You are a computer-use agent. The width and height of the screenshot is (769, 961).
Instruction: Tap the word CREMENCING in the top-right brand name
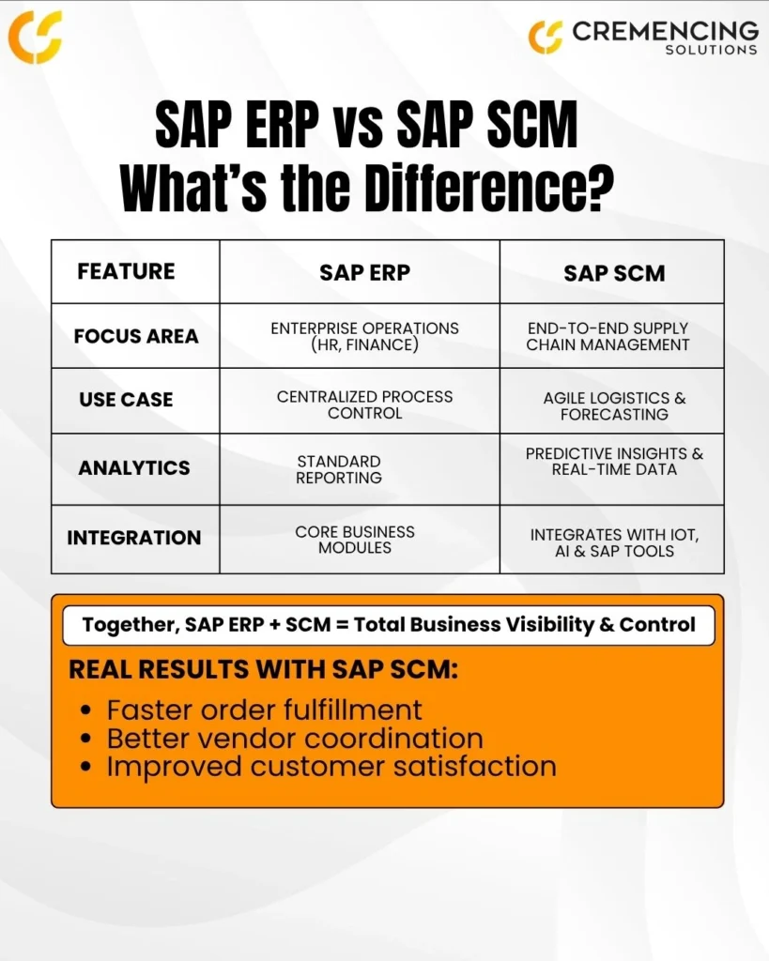click(666, 31)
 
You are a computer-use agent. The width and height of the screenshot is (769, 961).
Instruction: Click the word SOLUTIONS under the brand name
click(712, 50)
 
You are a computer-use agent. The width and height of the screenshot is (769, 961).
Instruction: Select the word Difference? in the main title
click(489, 187)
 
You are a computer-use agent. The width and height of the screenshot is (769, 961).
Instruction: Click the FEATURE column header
click(126, 271)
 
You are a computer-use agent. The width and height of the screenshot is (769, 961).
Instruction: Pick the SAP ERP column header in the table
click(365, 273)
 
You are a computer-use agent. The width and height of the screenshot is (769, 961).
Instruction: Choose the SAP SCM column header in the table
click(614, 273)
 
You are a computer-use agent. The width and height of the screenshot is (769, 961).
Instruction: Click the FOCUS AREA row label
click(136, 337)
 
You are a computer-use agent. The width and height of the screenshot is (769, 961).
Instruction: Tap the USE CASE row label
click(126, 400)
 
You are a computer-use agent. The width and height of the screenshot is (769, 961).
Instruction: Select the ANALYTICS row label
click(133, 468)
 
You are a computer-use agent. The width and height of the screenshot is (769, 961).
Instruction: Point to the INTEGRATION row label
click(133, 538)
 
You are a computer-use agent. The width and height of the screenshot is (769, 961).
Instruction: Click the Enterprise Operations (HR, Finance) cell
click(365, 337)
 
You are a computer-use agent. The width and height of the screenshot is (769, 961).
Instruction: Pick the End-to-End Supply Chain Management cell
click(608, 337)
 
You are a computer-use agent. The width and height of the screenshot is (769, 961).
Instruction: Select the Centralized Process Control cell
click(365, 405)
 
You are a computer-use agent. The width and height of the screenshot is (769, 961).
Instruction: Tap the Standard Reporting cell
click(339, 469)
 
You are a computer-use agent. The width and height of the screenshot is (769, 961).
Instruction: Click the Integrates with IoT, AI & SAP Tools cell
click(614, 543)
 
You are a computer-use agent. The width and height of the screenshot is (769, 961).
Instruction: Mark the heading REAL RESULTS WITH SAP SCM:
click(264, 669)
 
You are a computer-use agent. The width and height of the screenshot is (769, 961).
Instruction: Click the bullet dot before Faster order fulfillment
click(85, 711)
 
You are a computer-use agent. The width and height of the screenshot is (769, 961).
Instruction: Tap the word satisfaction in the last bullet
click(475, 767)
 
